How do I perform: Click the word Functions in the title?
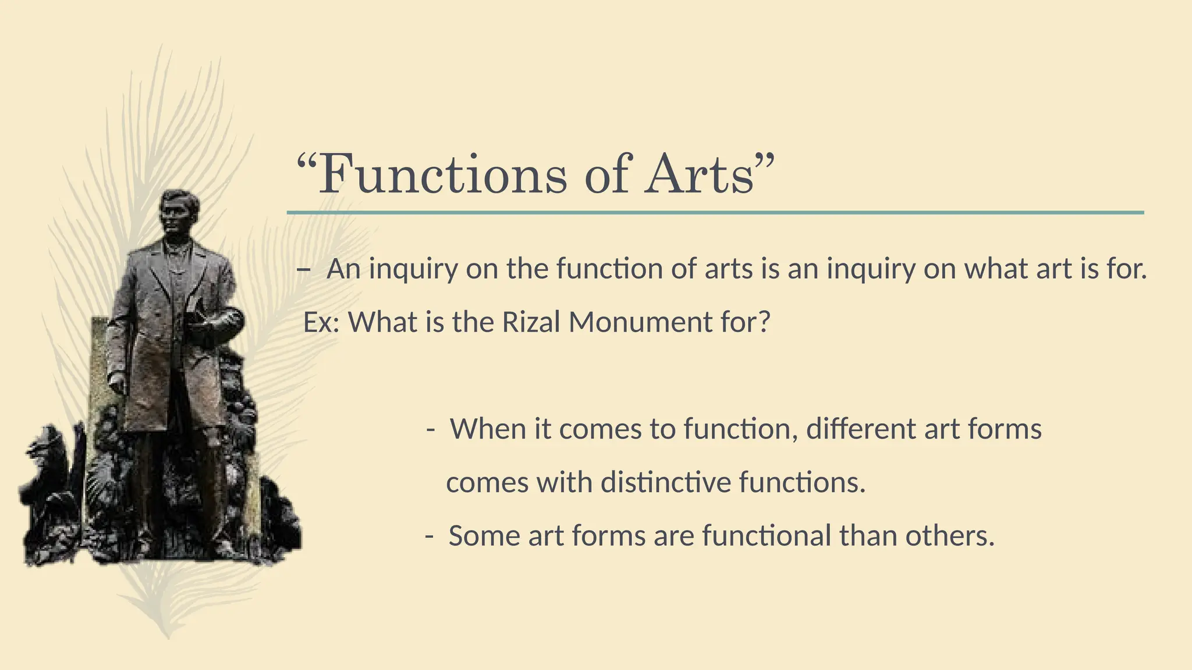442,174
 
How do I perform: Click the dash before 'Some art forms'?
429,536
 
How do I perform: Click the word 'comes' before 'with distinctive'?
487,483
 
